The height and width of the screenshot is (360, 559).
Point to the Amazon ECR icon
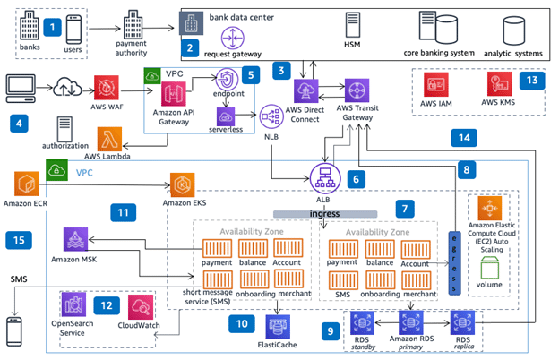pyautogui.click(x=25, y=187)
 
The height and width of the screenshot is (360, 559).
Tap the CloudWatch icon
pyautogui.click(x=142, y=307)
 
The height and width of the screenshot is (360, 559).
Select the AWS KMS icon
pyautogui.click(x=499, y=86)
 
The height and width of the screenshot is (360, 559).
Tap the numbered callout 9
pyautogui.click(x=332, y=330)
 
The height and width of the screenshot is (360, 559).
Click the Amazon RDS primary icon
pyautogui.click(x=410, y=321)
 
